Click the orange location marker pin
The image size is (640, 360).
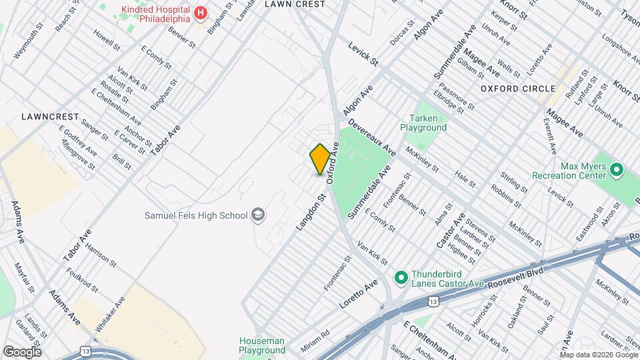[x=320, y=159]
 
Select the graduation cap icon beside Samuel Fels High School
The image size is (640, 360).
[x=257, y=215]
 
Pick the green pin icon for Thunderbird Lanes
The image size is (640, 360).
[x=401, y=277]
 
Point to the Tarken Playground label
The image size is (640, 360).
[x=423, y=123]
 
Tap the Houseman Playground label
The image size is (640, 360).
[x=262, y=345]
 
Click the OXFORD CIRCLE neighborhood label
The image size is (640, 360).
[x=518, y=89]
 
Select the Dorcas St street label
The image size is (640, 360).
[x=402, y=37]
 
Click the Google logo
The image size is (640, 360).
[x=22, y=352]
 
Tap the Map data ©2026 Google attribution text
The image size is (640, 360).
[x=598, y=355]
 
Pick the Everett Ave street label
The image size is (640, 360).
[x=549, y=133]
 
